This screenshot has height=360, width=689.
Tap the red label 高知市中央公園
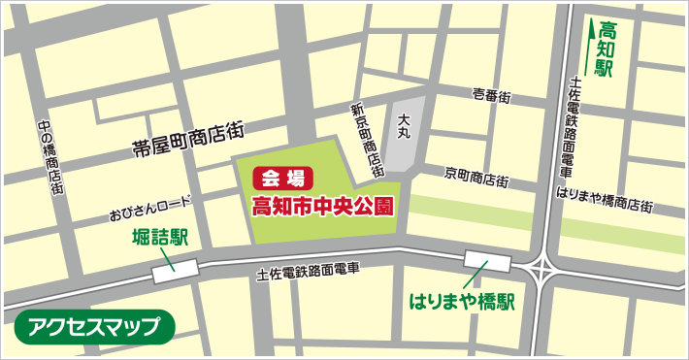click(x=322, y=206)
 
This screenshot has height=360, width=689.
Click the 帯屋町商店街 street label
click(x=188, y=140)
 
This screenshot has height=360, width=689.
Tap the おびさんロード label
click(x=150, y=208)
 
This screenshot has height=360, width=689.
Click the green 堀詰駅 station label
click(x=158, y=239)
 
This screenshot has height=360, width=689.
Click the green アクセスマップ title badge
click(x=94, y=327)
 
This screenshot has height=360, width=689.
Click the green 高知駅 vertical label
click(x=608, y=49)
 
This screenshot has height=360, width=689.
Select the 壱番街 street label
click(x=492, y=95)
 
